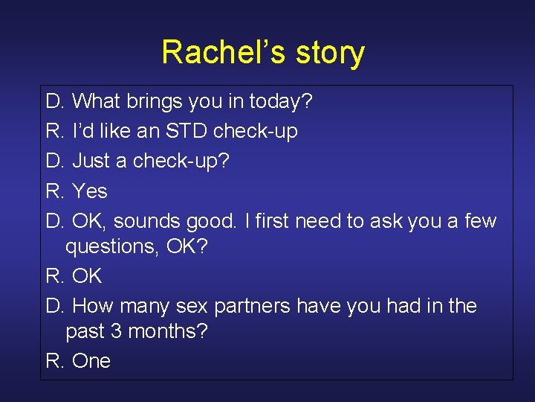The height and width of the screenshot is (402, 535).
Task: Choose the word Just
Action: (94, 161)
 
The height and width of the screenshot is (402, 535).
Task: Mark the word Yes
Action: (91, 191)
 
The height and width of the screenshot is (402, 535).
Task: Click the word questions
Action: (111, 247)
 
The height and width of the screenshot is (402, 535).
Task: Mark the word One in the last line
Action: (91, 361)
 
